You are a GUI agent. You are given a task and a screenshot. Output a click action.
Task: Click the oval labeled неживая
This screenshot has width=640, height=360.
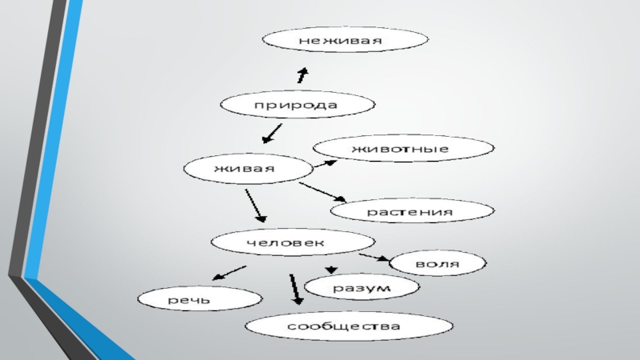point(346,39)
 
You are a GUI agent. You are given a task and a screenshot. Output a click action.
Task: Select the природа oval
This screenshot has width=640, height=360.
point(296,105)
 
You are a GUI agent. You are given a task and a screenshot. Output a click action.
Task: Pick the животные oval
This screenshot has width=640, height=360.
point(402,149)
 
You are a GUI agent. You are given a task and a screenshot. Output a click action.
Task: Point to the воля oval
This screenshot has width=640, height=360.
point(437,262)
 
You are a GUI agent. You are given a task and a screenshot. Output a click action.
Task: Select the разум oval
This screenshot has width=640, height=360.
point(362,286)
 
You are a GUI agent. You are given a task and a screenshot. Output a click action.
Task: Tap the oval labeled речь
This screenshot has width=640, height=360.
point(199,299)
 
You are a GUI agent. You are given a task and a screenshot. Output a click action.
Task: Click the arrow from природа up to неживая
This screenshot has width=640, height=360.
point(302,74)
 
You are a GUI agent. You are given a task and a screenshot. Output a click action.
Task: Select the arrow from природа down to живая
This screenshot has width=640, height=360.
point(272,131)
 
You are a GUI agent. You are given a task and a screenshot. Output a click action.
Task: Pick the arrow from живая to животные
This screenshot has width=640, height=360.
point(324,163)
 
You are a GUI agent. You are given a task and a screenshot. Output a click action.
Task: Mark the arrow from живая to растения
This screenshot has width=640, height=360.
point(322,192)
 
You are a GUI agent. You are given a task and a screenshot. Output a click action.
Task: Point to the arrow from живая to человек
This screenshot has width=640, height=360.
point(255,206)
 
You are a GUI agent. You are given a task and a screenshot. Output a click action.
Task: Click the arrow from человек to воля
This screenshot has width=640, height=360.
point(373,258)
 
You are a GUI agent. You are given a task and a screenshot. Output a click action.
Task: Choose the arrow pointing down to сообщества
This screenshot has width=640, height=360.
point(295,290)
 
